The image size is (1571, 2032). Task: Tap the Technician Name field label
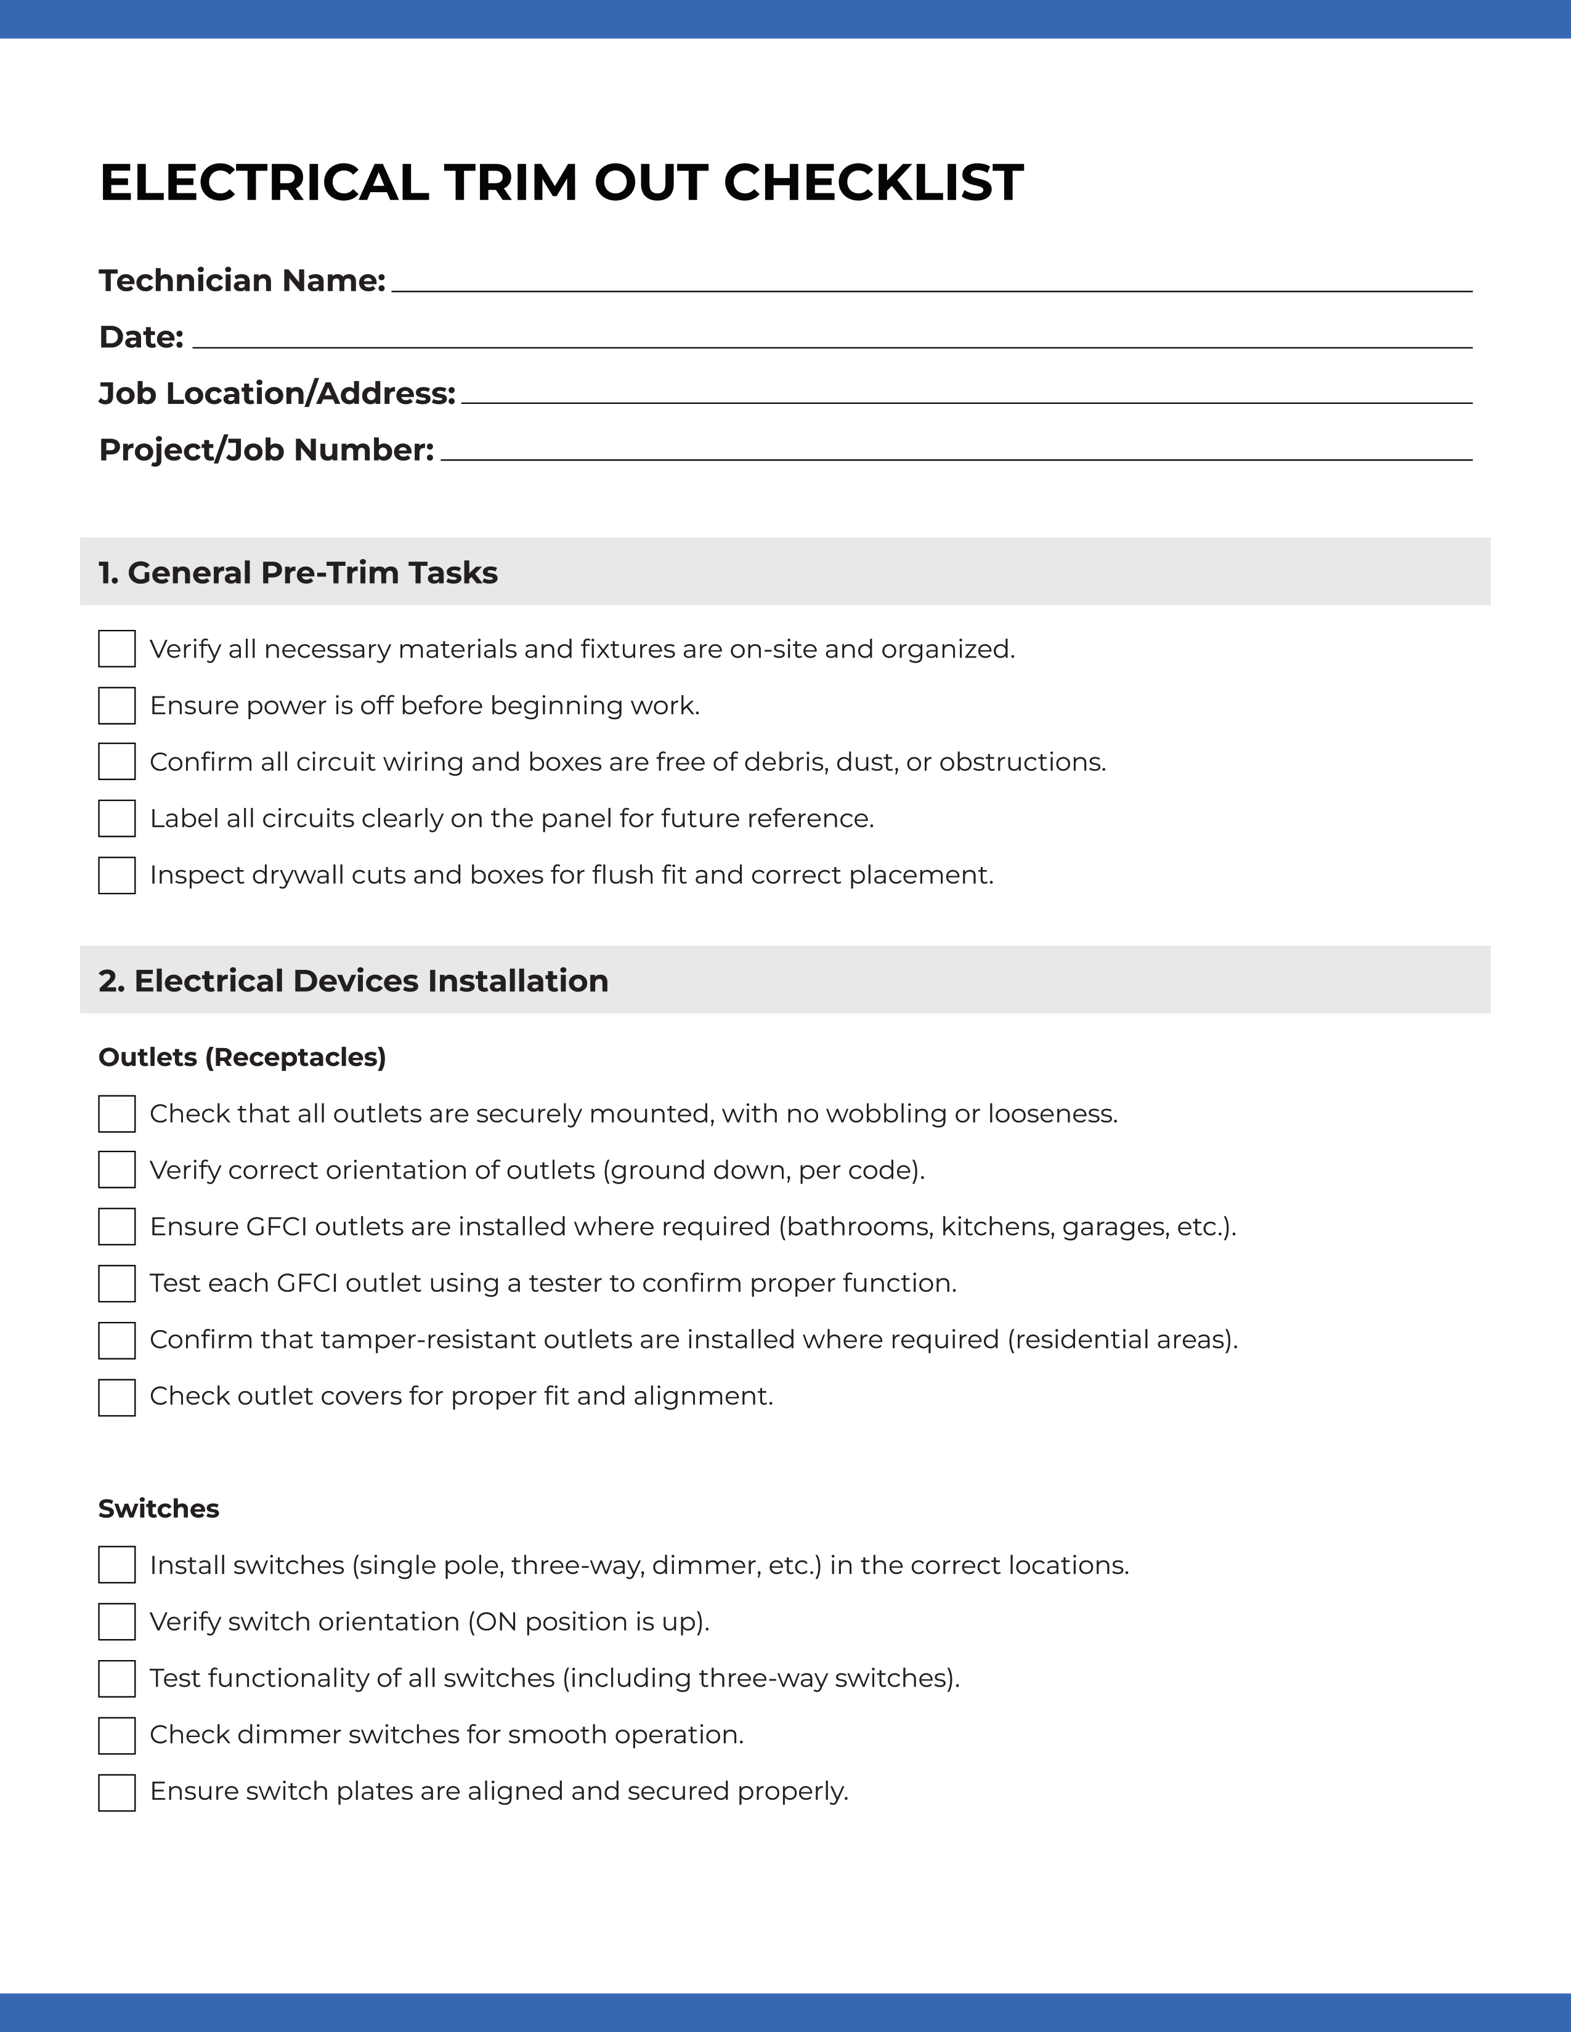click(x=242, y=280)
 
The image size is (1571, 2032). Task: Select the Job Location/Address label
click(x=277, y=393)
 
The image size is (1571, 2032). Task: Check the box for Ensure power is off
click(x=117, y=705)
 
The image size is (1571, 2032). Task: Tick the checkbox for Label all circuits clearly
click(x=117, y=819)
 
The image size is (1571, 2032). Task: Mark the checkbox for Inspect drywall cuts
click(x=117, y=876)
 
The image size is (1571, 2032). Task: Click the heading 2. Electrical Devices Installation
click(x=354, y=981)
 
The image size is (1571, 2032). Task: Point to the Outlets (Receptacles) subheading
click(x=242, y=1057)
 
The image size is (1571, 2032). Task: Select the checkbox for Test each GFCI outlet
click(x=117, y=1283)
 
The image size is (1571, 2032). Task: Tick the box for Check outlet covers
click(x=117, y=1397)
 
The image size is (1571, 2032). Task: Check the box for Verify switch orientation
click(x=117, y=1622)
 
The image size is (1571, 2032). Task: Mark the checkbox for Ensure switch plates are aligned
click(x=117, y=1792)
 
